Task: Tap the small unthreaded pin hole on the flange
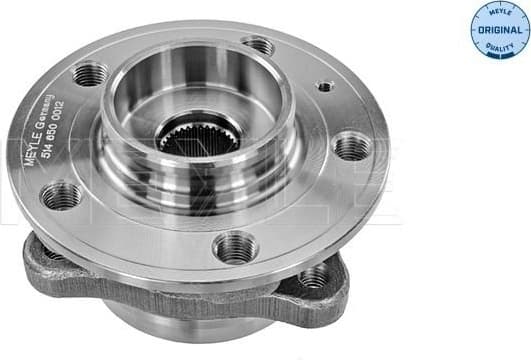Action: point(324,87)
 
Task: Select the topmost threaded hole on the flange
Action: point(258,45)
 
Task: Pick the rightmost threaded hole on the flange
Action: point(351,147)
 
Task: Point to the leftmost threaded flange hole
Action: point(61,195)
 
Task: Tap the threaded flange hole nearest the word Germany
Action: point(90,73)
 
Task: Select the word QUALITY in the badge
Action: point(500,46)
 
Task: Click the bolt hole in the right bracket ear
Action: point(314,277)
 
